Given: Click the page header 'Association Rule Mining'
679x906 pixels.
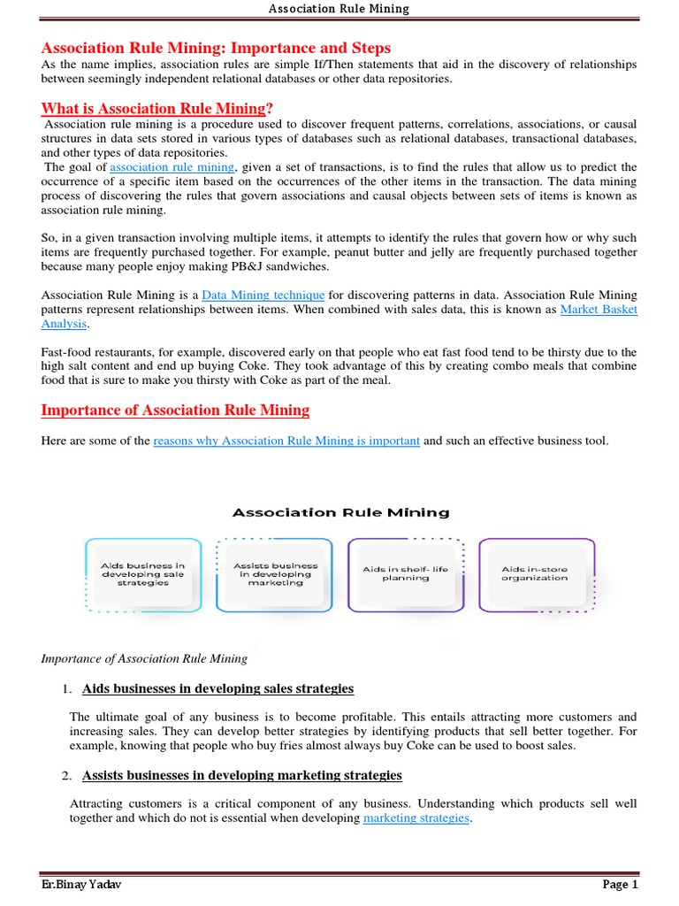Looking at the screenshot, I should (339, 9).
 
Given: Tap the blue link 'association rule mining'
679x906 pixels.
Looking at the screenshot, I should (172, 167).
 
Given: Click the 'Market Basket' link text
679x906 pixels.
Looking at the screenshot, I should (599, 310).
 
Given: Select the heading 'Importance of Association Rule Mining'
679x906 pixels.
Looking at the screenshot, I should (175, 410).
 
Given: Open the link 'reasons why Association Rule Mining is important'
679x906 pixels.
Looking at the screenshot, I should (286, 441).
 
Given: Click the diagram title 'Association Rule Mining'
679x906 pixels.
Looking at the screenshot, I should (340, 512).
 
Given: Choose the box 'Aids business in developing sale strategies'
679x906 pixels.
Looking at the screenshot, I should (142, 574).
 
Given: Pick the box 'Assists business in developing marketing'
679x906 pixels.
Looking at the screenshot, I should (275, 574).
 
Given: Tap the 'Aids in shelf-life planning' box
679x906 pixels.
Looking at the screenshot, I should (406, 574).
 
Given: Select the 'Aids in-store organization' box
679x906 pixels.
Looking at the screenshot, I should (535, 574).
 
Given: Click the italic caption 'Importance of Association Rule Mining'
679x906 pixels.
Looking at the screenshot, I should (145, 658).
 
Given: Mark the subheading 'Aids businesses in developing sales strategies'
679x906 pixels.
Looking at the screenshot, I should (217, 688).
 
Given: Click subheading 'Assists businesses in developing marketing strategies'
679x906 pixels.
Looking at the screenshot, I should (241, 775).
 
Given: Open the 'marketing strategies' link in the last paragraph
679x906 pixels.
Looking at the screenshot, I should (416, 818).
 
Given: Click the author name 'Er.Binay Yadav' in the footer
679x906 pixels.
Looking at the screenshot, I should (80, 885).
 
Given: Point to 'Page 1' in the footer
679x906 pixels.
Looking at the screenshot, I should (620, 885).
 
